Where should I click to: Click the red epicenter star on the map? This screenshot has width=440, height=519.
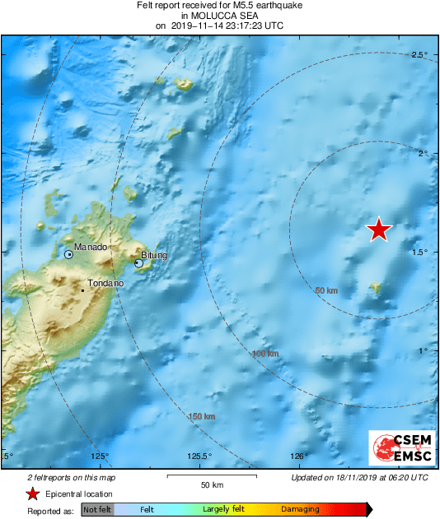pyautogui.click(x=378, y=229)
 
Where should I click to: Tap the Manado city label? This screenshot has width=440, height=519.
pyautogui.click(x=90, y=247)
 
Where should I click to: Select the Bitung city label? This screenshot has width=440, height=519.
pyautogui.click(x=154, y=255)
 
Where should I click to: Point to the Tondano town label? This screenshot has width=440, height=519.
pyautogui.click(x=105, y=283)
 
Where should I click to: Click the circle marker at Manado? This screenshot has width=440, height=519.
pyautogui.click(x=69, y=255)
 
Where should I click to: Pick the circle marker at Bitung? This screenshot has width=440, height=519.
pyautogui.click(x=138, y=263)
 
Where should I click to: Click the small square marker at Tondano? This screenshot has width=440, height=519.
pyautogui.click(x=83, y=290)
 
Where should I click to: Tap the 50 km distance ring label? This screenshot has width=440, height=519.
pyautogui.click(x=327, y=290)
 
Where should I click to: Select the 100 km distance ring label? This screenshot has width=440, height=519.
pyautogui.click(x=265, y=354)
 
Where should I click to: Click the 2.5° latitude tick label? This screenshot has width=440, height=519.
pyautogui.click(x=419, y=54)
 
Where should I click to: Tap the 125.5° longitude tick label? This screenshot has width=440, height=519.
pyautogui.click(x=200, y=456)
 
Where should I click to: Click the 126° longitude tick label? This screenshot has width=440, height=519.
pyautogui.click(x=299, y=456)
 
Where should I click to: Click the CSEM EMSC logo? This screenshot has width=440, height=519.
pyautogui.click(x=399, y=450)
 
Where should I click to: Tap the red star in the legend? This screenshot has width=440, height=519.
pyautogui.click(x=32, y=494)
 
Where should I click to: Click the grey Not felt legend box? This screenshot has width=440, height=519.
pyautogui.click(x=97, y=510)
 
